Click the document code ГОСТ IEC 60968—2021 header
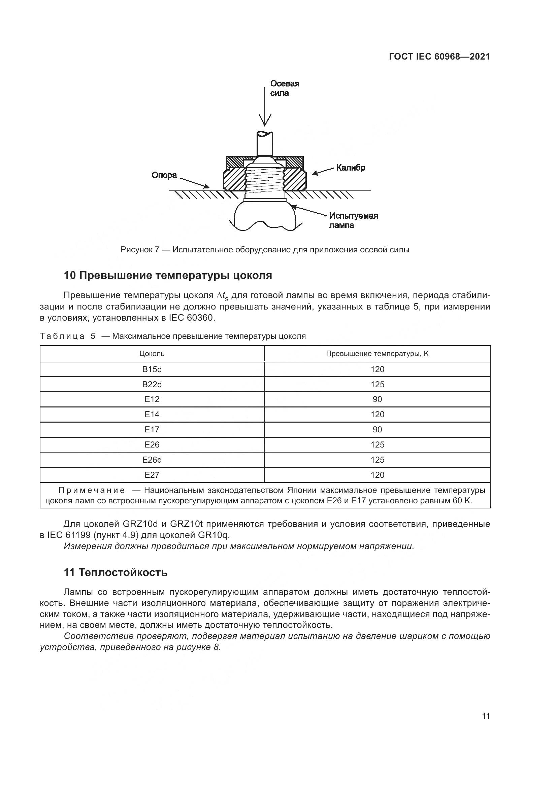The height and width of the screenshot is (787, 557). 439,57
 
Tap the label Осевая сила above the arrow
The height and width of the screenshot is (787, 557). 284,88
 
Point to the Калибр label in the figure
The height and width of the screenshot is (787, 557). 351,168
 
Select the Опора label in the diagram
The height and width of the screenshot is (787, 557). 164,175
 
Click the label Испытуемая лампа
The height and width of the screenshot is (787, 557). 353,220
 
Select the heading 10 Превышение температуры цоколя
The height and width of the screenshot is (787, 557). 168,275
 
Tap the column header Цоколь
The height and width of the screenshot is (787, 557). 152,353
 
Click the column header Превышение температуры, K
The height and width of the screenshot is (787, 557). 377,353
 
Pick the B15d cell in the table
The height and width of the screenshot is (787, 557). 152,369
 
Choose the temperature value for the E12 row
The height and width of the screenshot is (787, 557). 377,399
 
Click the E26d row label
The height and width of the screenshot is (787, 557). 152,460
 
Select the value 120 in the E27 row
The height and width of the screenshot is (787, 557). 377,475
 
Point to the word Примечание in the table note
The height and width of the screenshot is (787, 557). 92,490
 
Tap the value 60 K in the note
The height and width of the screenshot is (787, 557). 462,500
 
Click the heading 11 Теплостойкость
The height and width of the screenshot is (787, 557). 116,572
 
